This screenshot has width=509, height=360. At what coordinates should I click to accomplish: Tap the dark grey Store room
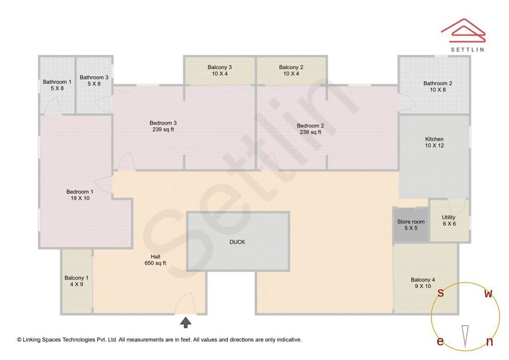tap(410, 225)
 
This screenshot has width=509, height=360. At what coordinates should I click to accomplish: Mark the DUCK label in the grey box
tap(237, 242)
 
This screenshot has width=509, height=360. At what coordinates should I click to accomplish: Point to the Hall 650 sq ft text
tap(155, 260)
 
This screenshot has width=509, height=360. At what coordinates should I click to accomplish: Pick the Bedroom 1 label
tap(80, 192)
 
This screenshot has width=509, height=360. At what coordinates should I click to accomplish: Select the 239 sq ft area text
tap(163, 130)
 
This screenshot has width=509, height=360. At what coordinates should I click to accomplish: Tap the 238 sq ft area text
tap(310, 132)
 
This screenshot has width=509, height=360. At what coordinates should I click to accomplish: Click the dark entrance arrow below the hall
tap(186, 322)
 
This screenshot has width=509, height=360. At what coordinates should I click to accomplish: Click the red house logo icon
tap(463, 30)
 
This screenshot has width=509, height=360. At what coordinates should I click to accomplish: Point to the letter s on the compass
tap(441, 293)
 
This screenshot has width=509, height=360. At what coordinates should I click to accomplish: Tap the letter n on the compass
tap(489, 342)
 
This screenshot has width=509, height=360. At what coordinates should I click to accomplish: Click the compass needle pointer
tap(465, 336)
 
